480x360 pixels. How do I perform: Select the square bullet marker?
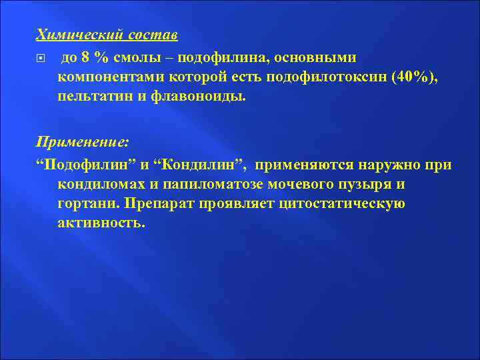(41, 58)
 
